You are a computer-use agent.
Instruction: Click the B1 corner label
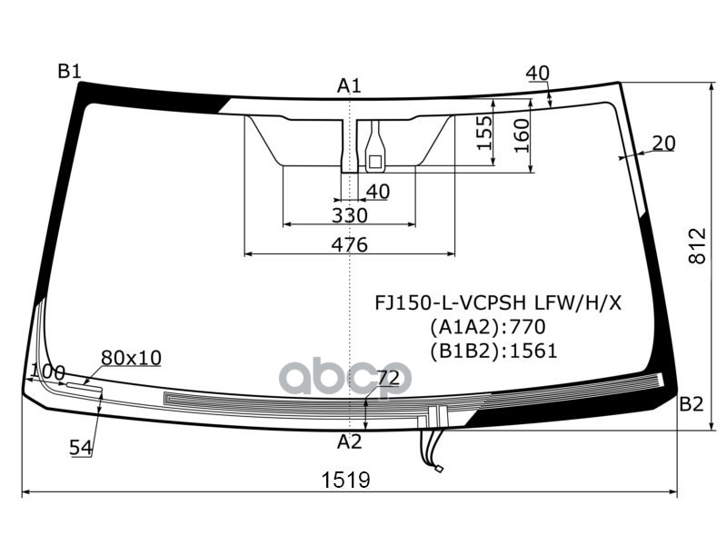70,71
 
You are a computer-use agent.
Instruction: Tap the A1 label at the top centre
350,86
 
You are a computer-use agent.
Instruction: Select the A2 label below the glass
350,442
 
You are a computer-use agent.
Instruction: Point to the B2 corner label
692,405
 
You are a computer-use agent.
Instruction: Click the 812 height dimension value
697,246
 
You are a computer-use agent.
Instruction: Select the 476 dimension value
349,244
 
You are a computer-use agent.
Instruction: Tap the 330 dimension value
349,215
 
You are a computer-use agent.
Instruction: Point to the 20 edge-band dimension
664,143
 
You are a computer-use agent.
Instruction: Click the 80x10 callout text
131,358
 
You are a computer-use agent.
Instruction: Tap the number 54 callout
81,447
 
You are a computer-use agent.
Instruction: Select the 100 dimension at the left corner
47,372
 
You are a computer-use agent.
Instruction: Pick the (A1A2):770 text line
487,327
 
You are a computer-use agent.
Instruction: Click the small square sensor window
373,162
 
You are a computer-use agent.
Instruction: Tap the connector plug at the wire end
437,470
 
